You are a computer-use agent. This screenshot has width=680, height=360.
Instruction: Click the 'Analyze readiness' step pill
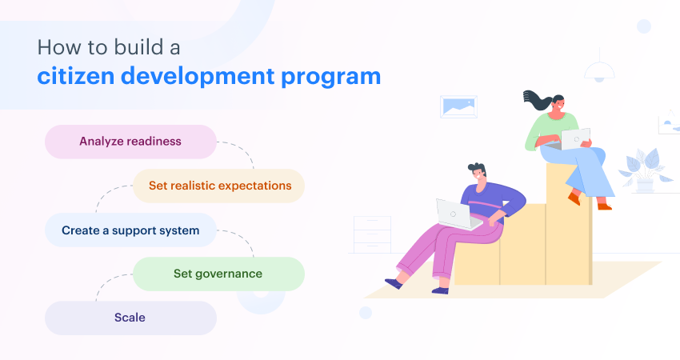tap(130, 142)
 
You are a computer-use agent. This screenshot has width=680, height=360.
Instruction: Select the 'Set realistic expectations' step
tap(219, 186)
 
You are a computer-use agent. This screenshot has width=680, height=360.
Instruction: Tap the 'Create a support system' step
tap(130, 230)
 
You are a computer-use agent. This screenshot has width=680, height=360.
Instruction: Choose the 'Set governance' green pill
tap(218, 274)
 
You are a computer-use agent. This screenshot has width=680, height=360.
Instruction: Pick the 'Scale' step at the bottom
tap(130, 318)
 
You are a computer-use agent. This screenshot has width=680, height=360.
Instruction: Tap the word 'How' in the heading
tap(56, 46)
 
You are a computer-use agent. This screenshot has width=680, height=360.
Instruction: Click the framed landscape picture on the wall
tap(458, 106)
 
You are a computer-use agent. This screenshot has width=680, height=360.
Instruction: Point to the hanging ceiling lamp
tap(599, 71)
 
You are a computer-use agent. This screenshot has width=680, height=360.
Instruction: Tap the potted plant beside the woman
tap(644, 171)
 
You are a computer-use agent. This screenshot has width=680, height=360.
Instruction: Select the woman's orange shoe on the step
tap(574, 198)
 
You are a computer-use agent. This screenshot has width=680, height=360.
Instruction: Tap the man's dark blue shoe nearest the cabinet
tap(394, 282)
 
